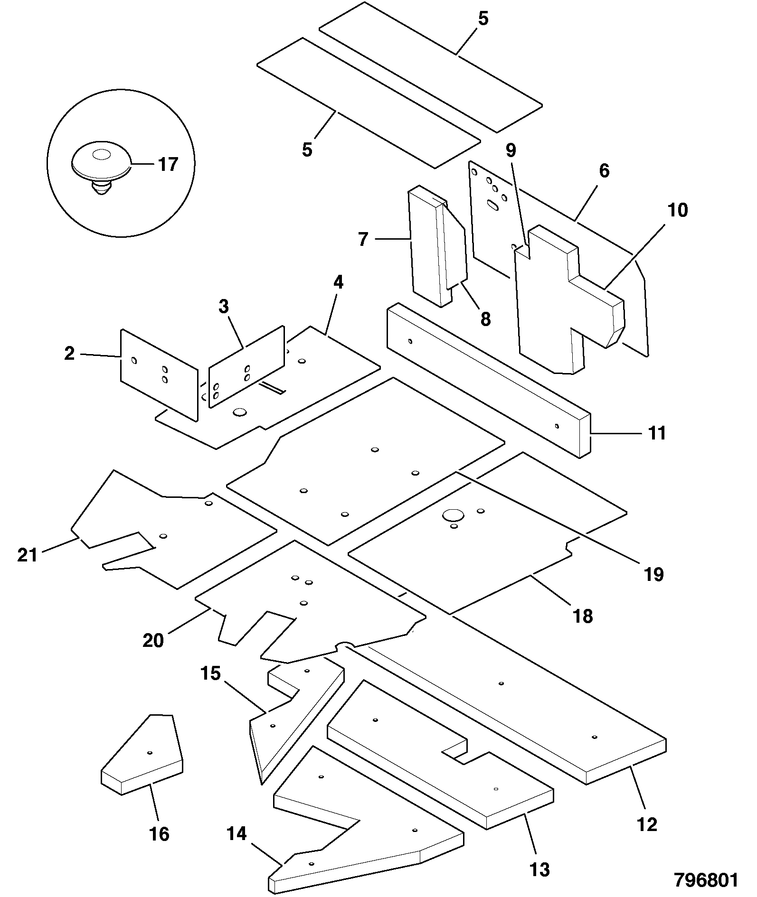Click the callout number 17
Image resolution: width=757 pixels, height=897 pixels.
(x=168, y=164)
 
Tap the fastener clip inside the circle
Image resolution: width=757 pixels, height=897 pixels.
(x=101, y=166)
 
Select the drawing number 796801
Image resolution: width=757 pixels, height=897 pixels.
(x=706, y=879)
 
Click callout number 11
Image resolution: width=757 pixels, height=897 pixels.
(x=657, y=433)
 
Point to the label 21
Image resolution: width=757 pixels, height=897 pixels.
(x=27, y=555)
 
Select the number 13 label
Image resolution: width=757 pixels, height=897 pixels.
(x=539, y=869)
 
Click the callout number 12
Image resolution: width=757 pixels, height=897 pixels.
(x=647, y=824)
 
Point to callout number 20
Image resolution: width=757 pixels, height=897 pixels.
(x=153, y=640)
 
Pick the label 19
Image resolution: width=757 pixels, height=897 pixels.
(x=653, y=575)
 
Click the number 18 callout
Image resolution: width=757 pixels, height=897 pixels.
(x=583, y=616)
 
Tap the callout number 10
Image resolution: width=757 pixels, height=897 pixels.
(x=678, y=210)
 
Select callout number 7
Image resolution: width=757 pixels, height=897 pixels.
(x=363, y=240)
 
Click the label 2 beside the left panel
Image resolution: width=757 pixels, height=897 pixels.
(x=69, y=354)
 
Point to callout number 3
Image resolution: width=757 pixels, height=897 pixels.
(x=223, y=306)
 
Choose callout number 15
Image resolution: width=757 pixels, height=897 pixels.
(x=210, y=673)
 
